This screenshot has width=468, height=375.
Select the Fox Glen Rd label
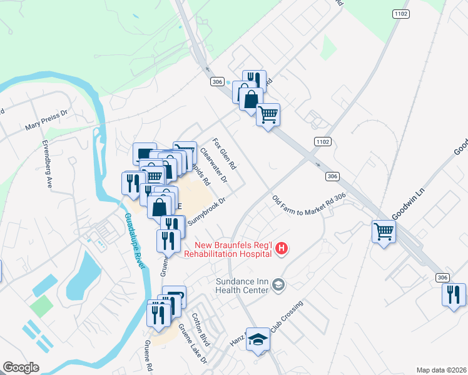224,154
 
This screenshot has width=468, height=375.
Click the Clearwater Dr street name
214,165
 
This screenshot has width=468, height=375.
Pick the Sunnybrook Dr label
205,210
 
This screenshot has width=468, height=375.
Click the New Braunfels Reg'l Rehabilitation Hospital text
228,249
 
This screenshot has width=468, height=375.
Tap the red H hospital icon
282,249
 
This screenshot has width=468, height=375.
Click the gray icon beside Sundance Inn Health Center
279,286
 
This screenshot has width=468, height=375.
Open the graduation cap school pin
258,339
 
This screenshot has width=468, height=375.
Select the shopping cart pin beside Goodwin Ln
384,231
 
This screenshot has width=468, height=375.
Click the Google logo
21,367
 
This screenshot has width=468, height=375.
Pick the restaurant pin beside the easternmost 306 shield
454,294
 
